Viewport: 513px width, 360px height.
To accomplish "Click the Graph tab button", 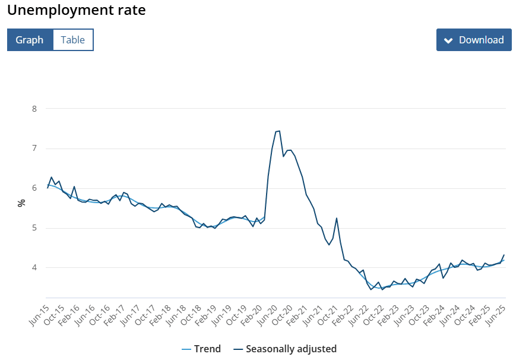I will point(30,40).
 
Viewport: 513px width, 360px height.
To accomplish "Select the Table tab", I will point(73,40).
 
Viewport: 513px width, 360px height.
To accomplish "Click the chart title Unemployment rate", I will point(76,10).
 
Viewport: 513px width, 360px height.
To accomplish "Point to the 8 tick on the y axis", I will point(34,109).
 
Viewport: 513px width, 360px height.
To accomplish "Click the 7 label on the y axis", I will point(34,149).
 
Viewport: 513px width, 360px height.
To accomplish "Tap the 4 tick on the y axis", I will point(34,268).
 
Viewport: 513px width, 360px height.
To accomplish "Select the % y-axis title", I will point(21,203).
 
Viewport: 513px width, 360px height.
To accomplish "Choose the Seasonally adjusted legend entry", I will point(284,349).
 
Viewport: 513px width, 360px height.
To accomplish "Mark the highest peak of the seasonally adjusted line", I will point(278,131).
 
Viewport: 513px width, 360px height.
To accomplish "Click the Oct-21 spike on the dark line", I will point(337,218).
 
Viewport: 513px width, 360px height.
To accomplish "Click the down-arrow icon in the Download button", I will point(448,40).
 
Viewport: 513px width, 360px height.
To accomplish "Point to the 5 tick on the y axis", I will point(34,228).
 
